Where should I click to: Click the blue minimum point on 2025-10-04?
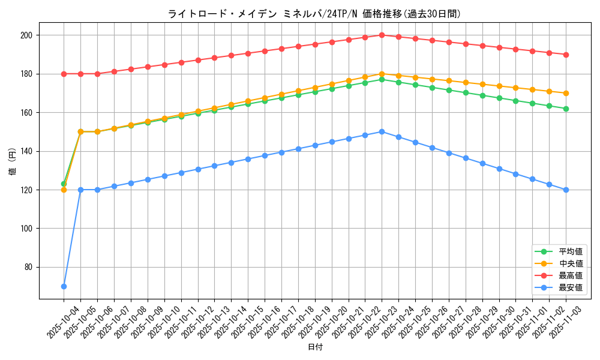tap(64, 286)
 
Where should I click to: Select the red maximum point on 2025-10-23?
tap(382, 35)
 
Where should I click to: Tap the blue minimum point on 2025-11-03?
tap(566, 190)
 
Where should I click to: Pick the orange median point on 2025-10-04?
tap(64, 190)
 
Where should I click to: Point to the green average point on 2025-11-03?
tap(566, 109)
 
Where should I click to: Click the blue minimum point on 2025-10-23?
tap(382, 131)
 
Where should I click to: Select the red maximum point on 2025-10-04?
tap(64, 74)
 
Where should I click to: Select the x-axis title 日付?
tap(314, 347)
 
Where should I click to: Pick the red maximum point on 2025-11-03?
tap(566, 55)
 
